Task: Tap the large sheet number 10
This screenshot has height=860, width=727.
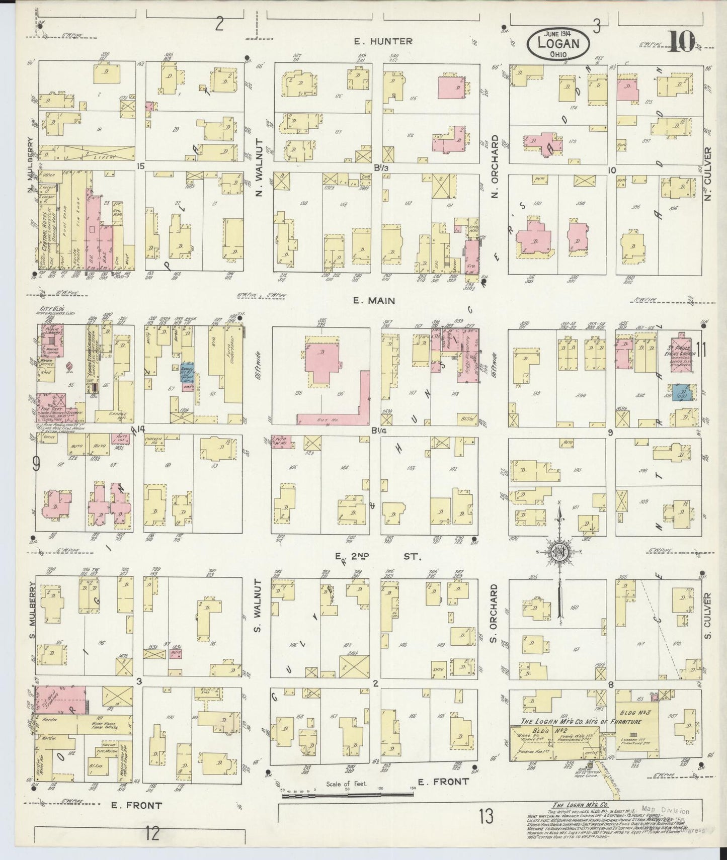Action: (x=681, y=41)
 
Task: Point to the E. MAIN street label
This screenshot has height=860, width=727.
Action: (x=374, y=301)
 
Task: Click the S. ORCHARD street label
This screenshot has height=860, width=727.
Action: (x=494, y=614)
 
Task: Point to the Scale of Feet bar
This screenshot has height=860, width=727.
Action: (x=347, y=795)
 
